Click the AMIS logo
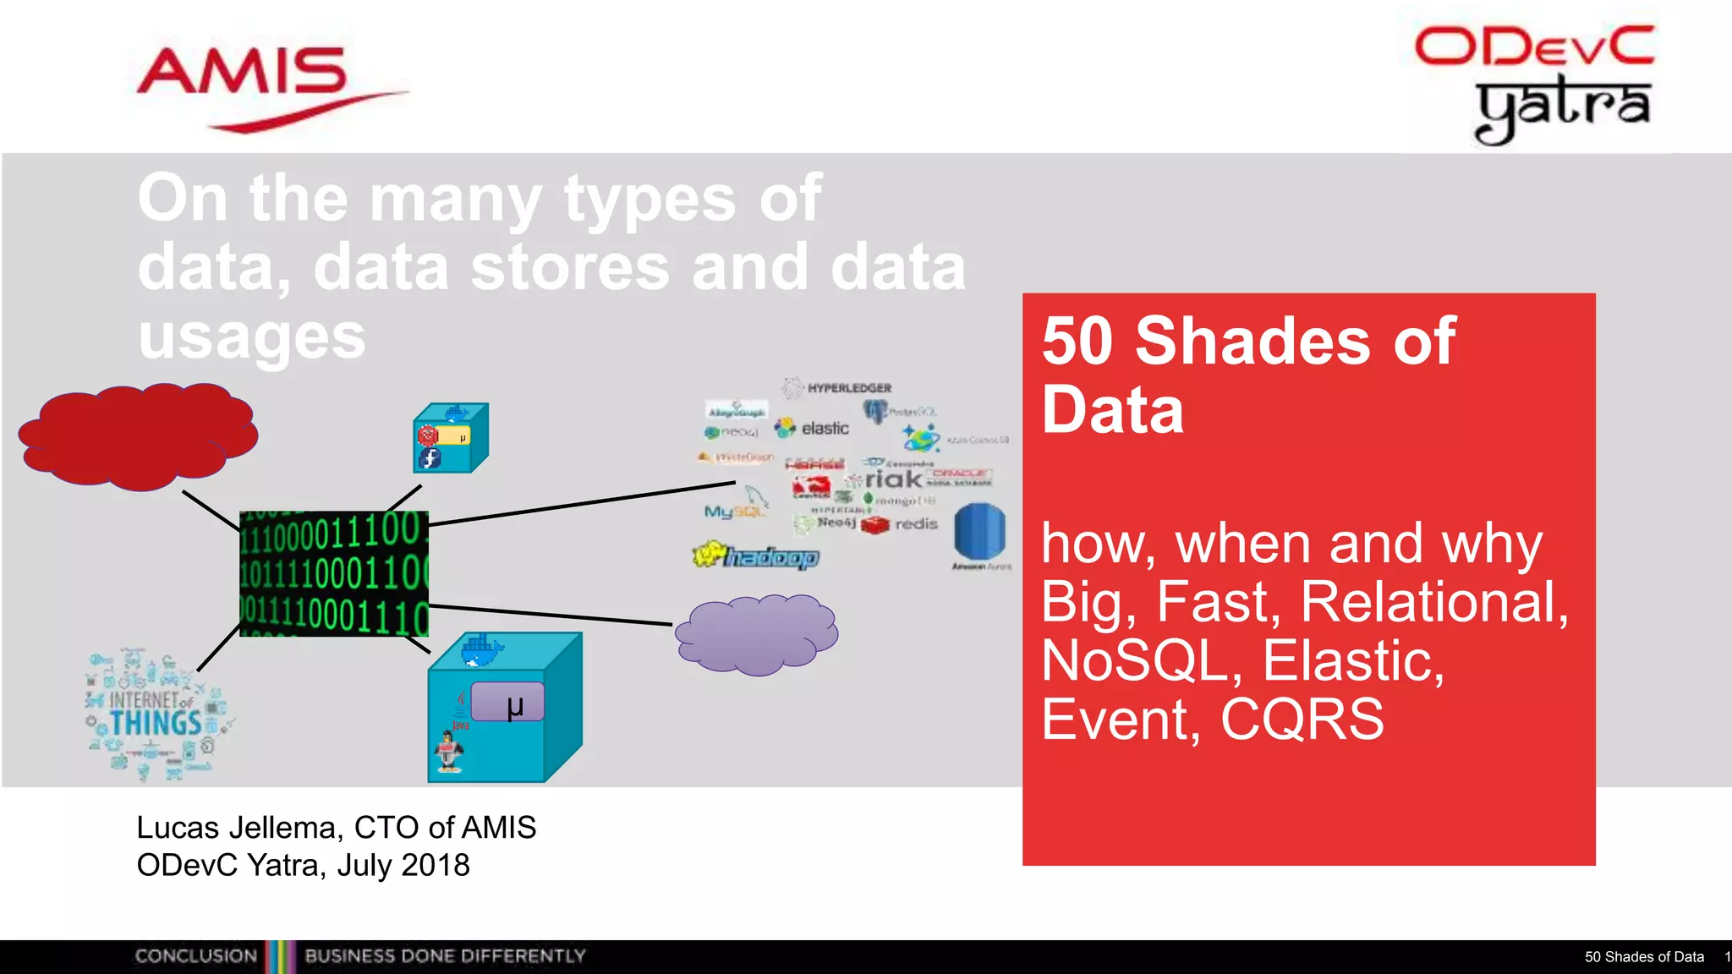coord(254,85)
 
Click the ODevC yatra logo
coord(1535,83)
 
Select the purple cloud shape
coord(756,634)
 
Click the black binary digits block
coord(334,573)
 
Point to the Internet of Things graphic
coord(156,714)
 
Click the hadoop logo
coord(756,556)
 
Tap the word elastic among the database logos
coord(825,429)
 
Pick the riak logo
coord(892,479)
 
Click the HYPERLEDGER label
coord(848,388)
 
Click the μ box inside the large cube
coord(508,703)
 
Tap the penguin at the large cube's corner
coord(449,751)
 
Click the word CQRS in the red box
coord(1302,720)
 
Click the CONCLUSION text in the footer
coord(196,956)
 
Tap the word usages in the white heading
coord(251,337)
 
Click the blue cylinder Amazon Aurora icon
coord(980,531)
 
